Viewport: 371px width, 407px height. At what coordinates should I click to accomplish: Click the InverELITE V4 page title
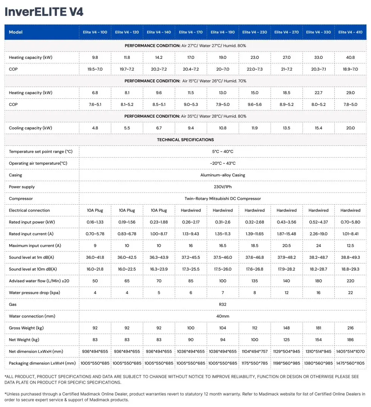pos(44,12)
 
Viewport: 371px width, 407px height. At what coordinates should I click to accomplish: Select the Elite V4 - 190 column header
pos(222,32)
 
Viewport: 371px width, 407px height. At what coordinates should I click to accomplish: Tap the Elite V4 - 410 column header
pos(350,32)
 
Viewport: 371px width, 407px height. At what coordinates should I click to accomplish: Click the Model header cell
pos(15,32)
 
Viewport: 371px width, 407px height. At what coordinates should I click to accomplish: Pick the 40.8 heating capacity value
pos(350,57)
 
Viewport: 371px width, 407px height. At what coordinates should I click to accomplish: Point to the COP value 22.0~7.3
pos(254,69)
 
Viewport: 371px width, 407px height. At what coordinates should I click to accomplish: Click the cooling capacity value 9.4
pos(190,128)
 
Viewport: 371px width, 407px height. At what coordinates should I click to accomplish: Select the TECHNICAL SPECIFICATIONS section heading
pos(185,140)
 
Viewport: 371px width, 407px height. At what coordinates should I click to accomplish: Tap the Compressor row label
pos(21,199)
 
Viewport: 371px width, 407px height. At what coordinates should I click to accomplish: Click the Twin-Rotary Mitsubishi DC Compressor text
pos(222,199)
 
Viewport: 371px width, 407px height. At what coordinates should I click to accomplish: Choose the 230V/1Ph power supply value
pos(222,187)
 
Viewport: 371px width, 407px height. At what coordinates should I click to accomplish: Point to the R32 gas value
pos(222,304)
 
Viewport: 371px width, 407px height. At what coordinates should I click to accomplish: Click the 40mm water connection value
pos(222,316)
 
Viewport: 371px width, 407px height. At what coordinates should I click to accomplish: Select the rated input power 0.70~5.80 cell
pos(350,222)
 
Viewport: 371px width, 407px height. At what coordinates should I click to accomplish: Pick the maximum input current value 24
pos(318,246)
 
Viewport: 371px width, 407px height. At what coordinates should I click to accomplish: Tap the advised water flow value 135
pos(254,281)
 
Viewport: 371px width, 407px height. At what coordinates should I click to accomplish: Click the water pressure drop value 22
pos(350,292)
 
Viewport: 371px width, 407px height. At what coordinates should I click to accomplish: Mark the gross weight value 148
pos(287,328)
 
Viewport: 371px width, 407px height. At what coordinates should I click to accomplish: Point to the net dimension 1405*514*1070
pos(350,352)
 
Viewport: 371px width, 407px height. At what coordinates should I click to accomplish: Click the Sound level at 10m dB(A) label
pos(33,269)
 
